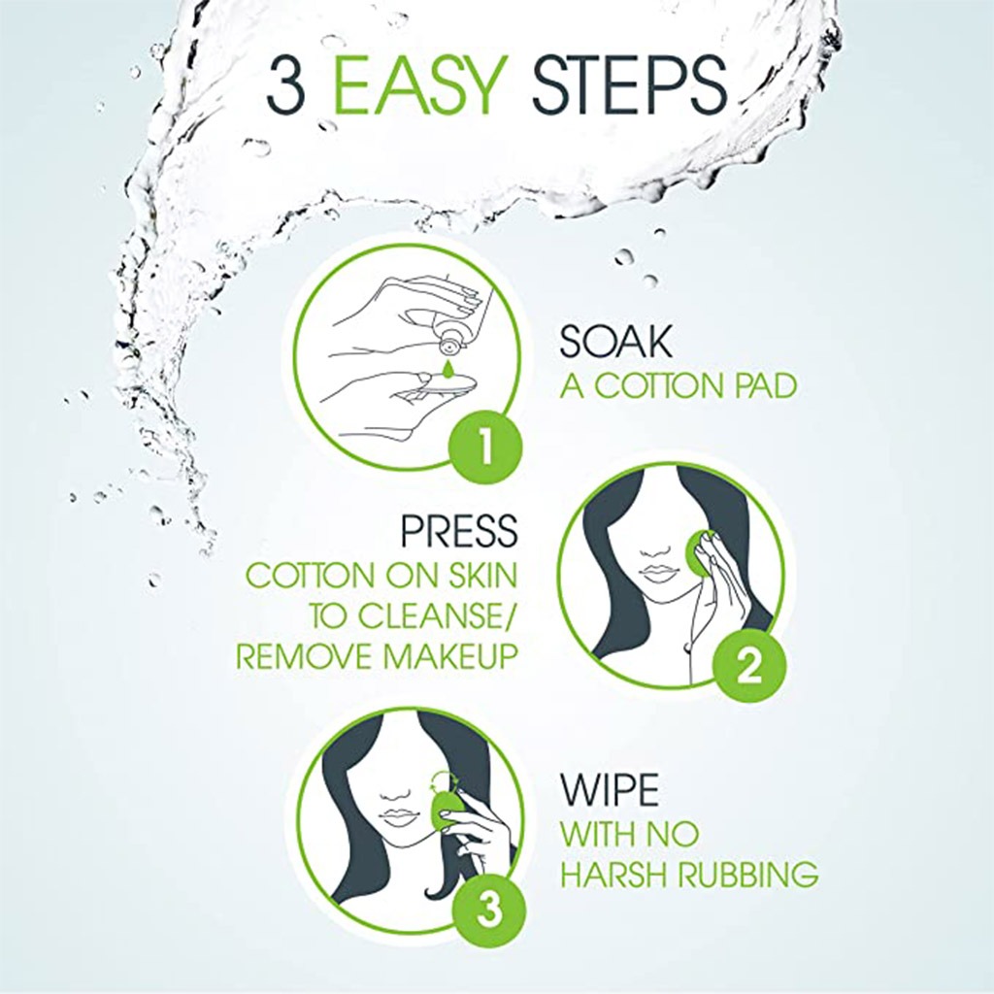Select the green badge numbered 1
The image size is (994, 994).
(484, 447)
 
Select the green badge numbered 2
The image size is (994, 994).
(746, 665)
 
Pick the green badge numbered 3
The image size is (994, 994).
(488, 911)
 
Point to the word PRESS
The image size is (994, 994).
(459, 531)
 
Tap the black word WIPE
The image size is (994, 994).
(609, 790)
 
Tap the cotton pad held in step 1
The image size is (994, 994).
(442, 388)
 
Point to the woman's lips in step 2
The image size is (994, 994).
(659, 573)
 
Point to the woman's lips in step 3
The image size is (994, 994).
(398, 817)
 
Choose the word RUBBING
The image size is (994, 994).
(745, 875)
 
